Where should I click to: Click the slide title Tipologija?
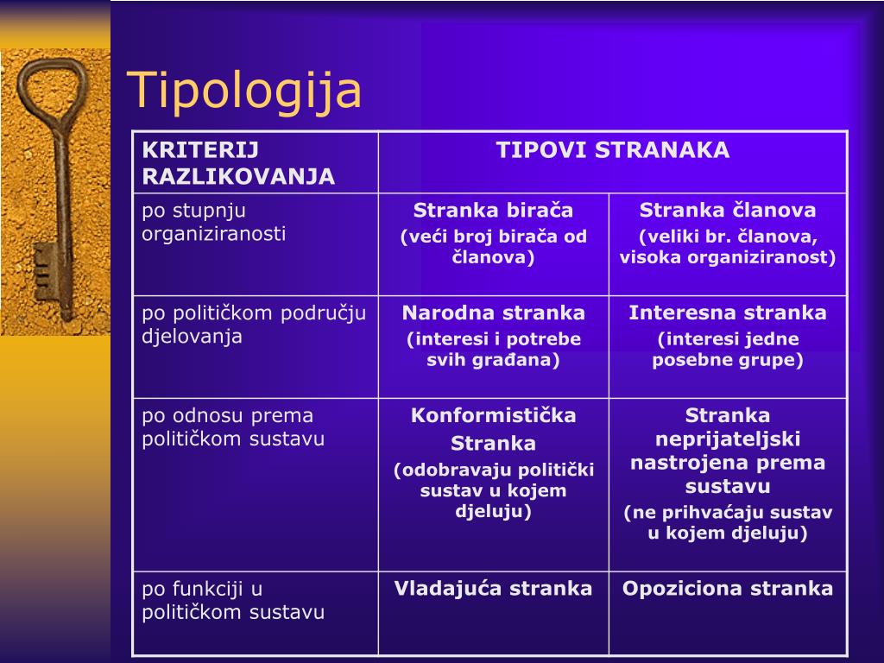[x=243, y=91]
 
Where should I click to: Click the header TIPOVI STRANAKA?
[x=613, y=150]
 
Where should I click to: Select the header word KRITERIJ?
[x=200, y=150]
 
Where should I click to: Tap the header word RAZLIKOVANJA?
[x=238, y=176]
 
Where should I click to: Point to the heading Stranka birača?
[x=493, y=211]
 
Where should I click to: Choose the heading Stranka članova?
[x=727, y=211]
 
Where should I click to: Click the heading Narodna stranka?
[x=493, y=313]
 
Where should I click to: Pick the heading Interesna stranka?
[x=727, y=313]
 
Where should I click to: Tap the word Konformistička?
[x=493, y=415]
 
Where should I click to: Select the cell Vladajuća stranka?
[x=493, y=589]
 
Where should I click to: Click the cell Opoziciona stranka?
[x=727, y=589]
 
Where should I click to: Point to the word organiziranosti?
[x=214, y=233]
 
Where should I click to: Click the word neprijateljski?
[x=727, y=439]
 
